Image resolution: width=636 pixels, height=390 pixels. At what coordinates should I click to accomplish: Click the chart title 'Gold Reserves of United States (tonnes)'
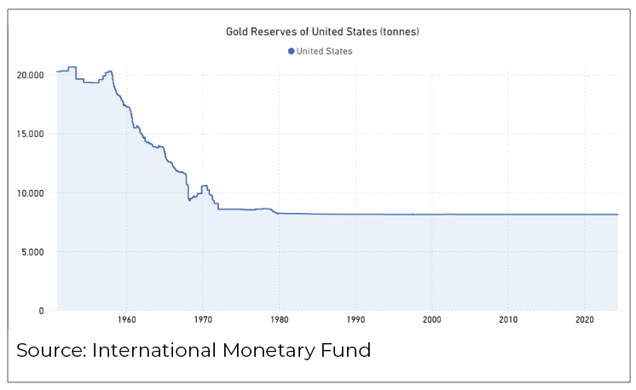pyautogui.click(x=322, y=32)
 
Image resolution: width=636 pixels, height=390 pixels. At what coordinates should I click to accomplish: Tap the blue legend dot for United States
pyautogui.click(x=292, y=51)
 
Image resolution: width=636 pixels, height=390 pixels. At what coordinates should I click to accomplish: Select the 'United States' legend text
pyautogui.click(x=325, y=51)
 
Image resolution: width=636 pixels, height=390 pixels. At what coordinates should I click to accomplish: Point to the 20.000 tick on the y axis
pyautogui.click(x=30, y=75)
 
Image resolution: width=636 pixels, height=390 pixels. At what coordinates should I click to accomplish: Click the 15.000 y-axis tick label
pyautogui.click(x=30, y=134)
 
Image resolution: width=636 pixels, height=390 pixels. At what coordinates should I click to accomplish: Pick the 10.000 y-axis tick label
pyautogui.click(x=30, y=192)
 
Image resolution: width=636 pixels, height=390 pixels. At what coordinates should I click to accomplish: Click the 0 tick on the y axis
pyautogui.click(x=41, y=311)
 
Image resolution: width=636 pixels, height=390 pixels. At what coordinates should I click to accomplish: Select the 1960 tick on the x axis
pyautogui.click(x=125, y=321)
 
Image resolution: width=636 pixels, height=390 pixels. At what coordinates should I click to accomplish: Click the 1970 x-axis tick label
pyautogui.click(x=202, y=321)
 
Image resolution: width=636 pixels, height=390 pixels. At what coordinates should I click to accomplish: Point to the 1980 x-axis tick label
pyautogui.click(x=279, y=321)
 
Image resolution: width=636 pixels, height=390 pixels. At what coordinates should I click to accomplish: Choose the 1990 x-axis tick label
pyautogui.click(x=356, y=321)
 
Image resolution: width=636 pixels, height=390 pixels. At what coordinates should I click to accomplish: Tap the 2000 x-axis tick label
pyautogui.click(x=431, y=321)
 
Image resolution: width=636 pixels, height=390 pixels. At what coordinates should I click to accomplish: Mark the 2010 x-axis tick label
pyautogui.click(x=508, y=321)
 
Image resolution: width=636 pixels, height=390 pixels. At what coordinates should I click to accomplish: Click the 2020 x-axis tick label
pyautogui.click(x=585, y=321)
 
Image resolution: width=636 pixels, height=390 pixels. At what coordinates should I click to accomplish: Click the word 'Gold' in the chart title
pyautogui.click(x=237, y=32)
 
